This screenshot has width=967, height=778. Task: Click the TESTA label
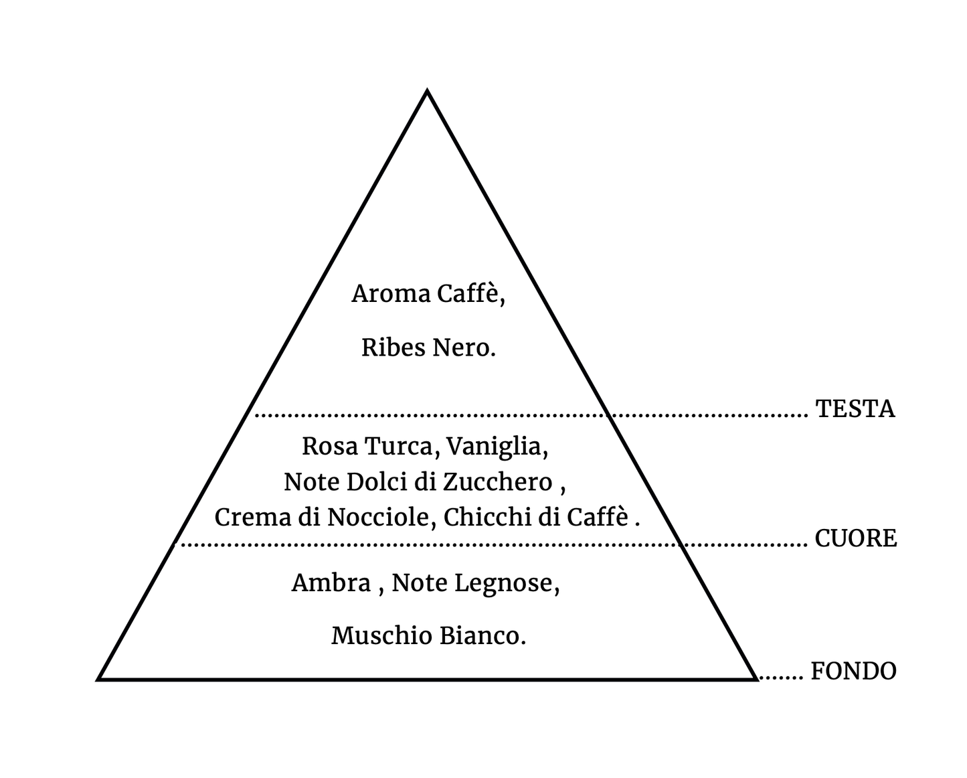[855, 408]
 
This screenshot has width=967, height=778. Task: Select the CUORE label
[855, 538]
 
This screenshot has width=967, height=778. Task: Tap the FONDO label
[853, 670]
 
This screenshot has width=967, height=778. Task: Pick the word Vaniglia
[496, 447]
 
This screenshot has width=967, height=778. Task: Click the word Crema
[253, 518]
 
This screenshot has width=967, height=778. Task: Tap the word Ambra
[331, 582]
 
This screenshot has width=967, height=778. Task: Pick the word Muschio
[381, 635]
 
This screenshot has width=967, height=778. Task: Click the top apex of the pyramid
[427, 90]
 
